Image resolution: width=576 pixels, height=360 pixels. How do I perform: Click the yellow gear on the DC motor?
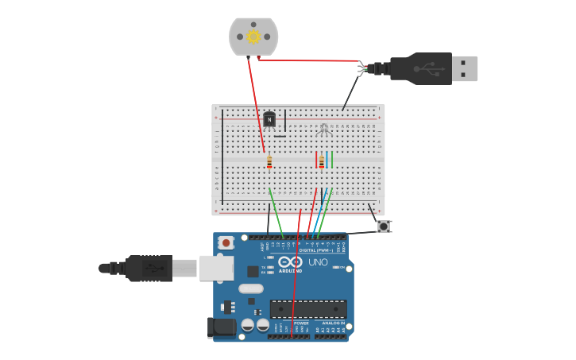click(253, 37)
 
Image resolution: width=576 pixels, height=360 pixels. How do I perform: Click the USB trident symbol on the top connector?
click(430, 68)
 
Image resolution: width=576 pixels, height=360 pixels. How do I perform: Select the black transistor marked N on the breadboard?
click(269, 119)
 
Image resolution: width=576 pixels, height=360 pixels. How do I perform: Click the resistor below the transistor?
click(269, 161)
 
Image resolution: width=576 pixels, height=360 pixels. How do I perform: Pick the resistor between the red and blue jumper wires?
click(321, 161)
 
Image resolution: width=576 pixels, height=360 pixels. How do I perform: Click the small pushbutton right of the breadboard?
click(384, 226)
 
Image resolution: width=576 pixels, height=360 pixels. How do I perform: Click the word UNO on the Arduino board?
click(318, 261)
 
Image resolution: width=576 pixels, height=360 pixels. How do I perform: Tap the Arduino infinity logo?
click(291, 261)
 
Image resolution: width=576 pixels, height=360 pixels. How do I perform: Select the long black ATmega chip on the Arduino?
click(308, 309)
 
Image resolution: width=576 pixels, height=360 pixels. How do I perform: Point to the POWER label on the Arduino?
click(301, 323)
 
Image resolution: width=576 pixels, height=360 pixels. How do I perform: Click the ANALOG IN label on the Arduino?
click(333, 323)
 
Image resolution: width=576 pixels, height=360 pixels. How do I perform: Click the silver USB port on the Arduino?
click(216, 268)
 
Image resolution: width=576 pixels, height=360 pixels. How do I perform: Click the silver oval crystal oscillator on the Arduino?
click(249, 288)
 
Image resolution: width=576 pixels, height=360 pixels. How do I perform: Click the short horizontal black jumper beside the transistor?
click(280, 136)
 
